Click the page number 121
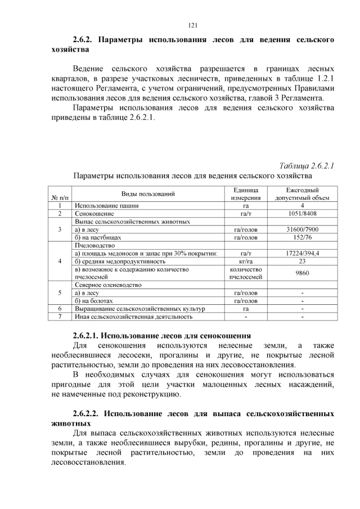[192, 25]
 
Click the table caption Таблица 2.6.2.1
[307, 165]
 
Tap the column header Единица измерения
[245, 193]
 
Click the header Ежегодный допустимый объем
[302, 193]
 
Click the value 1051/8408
[302, 214]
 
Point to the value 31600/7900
[302, 229]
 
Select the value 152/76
[302, 237]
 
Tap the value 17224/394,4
[302, 253]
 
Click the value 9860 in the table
[302, 273]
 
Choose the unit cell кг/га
[245, 261]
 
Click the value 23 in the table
[302, 261]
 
